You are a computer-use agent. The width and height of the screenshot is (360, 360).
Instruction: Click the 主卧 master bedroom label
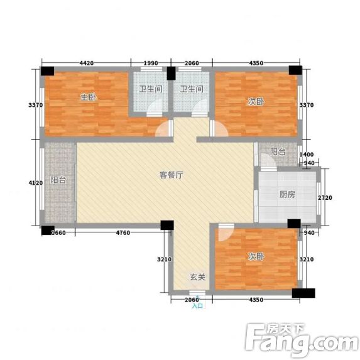(88, 97)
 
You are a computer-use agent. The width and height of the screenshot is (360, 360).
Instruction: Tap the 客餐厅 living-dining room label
(172, 175)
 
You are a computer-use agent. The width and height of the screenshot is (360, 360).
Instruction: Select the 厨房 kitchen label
(287, 195)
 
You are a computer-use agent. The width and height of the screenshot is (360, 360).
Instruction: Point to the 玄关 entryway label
(197, 277)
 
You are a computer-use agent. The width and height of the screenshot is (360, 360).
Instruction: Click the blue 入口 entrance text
(198, 306)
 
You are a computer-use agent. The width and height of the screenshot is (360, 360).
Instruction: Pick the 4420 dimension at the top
(87, 63)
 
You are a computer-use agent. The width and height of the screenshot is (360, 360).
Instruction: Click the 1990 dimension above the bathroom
(151, 63)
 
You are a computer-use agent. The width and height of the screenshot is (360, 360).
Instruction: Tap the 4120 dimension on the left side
(36, 183)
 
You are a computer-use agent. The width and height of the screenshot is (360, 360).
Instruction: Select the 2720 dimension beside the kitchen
(325, 198)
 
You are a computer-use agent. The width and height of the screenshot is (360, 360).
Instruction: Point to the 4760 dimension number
(123, 233)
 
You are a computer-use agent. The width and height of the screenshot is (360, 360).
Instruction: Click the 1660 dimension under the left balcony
(58, 233)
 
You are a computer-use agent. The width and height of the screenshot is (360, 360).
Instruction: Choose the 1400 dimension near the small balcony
(307, 155)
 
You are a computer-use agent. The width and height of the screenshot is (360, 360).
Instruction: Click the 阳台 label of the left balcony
(58, 180)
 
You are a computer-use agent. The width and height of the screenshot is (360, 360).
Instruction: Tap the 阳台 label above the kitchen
(278, 152)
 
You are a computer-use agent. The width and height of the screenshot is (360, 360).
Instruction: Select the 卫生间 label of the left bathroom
(151, 89)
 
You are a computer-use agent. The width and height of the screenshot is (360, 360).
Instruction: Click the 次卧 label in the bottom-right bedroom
(256, 257)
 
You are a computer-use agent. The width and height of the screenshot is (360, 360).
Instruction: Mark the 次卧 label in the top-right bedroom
(256, 102)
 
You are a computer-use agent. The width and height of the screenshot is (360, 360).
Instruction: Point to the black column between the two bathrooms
(171, 74)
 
